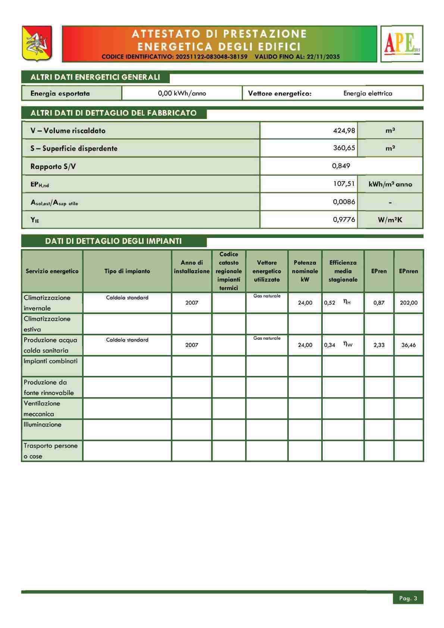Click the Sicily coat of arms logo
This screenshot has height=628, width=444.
(x=37, y=43)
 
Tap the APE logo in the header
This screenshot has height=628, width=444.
(x=402, y=44)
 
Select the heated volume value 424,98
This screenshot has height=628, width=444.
(x=344, y=131)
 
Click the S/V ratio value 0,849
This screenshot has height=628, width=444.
(x=341, y=166)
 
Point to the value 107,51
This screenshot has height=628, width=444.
(x=344, y=184)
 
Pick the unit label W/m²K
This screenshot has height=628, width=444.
(x=390, y=220)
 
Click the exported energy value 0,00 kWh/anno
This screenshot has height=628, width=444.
(x=182, y=93)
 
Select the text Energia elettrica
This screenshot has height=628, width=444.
(x=368, y=93)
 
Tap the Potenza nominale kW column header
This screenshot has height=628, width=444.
(x=305, y=271)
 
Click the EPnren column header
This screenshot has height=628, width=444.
(x=409, y=271)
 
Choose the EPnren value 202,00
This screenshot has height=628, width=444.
(x=409, y=303)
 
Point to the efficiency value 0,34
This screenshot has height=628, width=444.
(x=329, y=345)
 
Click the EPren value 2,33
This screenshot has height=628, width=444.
(x=379, y=345)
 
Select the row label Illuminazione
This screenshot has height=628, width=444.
(x=43, y=425)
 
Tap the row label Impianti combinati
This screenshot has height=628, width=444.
(x=51, y=361)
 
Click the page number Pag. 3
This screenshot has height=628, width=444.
(x=408, y=599)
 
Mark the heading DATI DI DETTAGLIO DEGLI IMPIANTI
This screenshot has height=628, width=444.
(x=113, y=241)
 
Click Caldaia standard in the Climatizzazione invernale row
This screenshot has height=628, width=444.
(x=127, y=298)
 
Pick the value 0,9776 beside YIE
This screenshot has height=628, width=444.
(x=344, y=220)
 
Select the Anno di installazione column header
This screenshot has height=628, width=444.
(x=192, y=267)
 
